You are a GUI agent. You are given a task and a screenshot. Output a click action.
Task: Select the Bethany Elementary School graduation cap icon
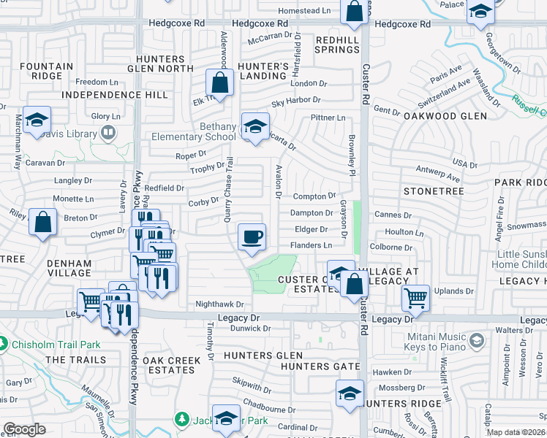254,127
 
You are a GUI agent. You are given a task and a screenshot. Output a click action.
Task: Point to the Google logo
24,429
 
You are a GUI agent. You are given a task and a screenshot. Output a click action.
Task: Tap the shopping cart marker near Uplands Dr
415,297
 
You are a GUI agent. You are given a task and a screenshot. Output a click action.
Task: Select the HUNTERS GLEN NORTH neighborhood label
165,64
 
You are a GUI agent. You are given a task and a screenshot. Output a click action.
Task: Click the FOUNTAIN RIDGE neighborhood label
47,71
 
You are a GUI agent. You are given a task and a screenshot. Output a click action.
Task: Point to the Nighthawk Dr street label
219,304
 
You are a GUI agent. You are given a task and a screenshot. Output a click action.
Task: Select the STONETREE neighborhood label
434,191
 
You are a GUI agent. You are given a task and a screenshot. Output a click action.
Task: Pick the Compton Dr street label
314,196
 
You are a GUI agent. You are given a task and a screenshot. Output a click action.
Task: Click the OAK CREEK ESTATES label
170,365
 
